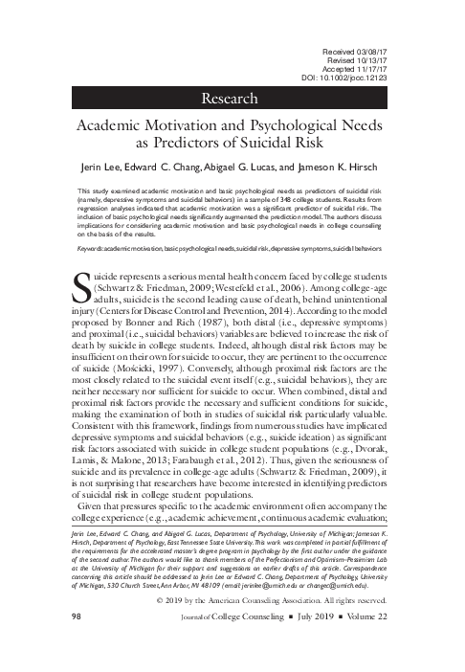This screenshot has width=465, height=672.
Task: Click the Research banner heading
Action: [232, 99]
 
